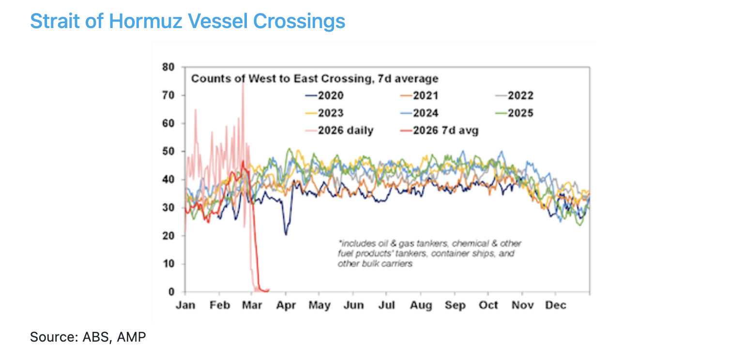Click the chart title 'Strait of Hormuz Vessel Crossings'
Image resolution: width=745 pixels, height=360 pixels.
(x=187, y=21)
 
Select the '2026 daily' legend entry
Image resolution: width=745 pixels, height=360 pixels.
(x=339, y=131)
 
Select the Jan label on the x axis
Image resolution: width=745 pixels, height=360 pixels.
(x=185, y=305)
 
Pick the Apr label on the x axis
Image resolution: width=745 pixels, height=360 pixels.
(x=286, y=305)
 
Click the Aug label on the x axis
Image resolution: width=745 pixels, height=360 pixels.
(x=421, y=305)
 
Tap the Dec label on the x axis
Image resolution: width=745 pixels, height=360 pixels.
(x=555, y=305)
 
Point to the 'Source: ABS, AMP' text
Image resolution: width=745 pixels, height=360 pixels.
(x=88, y=337)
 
